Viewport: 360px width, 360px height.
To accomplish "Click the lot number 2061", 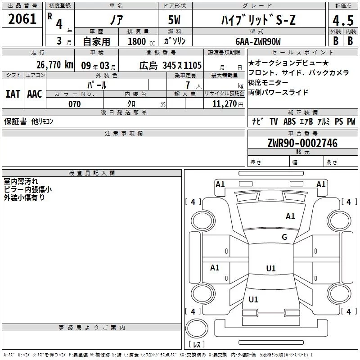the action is tap(22, 19).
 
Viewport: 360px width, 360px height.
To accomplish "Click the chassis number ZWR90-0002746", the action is tap(302, 144).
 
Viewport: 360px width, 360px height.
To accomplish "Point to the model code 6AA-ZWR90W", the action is tap(258, 41).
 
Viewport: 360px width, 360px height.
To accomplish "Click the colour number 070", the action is tap(74, 104).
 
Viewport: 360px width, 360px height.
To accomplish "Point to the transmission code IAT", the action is tap(13, 94).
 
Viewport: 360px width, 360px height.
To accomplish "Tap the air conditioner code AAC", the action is tap(34, 94).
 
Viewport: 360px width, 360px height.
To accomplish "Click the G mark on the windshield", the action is tap(284, 237).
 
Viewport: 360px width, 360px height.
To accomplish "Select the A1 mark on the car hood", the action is tap(290, 216).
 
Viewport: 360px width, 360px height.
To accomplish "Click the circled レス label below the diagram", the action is tap(197, 344).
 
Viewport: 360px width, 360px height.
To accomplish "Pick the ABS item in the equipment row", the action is tap(290, 121).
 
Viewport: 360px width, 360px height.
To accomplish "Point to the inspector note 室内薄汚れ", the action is tap(21, 182).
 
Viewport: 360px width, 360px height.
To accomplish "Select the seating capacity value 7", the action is tap(187, 85).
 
